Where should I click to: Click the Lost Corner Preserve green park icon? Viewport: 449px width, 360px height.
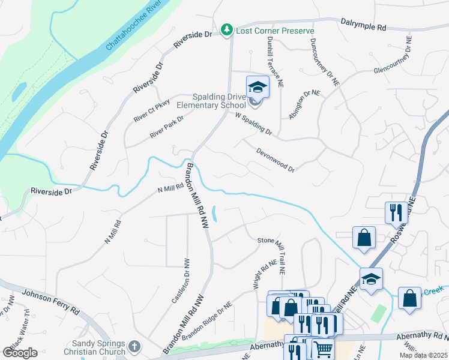coord(226,29)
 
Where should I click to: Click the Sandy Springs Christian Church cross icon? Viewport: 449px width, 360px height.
coord(134,347)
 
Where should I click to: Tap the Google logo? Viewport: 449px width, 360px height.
coord(20,353)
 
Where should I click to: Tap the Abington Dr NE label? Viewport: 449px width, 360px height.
coord(305,104)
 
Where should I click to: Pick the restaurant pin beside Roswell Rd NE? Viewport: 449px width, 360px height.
coord(394,212)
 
